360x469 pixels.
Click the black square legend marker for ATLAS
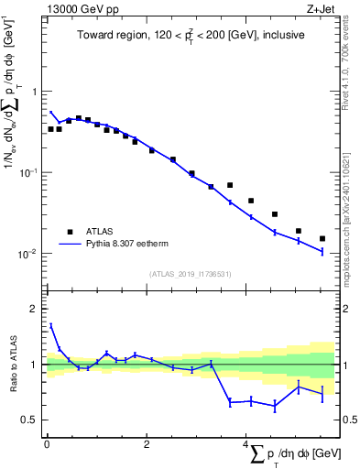(69, 232)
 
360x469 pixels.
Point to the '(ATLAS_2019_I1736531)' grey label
(190, 274)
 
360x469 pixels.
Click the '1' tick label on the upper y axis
(34, 92)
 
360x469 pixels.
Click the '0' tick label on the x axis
(47, 444)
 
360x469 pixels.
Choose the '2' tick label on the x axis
(147, 444)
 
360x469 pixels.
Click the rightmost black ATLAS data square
(322, 238)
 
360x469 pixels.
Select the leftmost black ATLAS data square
(50, 129)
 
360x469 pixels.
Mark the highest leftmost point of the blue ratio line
(50, 324)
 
